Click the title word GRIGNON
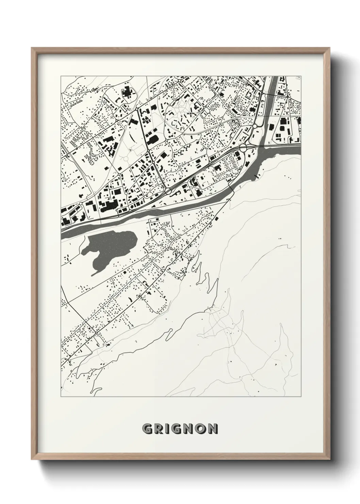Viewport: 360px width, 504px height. click(x=180, y=429)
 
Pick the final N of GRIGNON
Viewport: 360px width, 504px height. click(x=213, y=429)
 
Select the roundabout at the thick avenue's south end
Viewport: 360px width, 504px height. click(x=168, y=192)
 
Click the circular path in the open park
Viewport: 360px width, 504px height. click(x=126, y=158)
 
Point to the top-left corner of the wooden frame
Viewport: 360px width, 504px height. click(x=32, y=48)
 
